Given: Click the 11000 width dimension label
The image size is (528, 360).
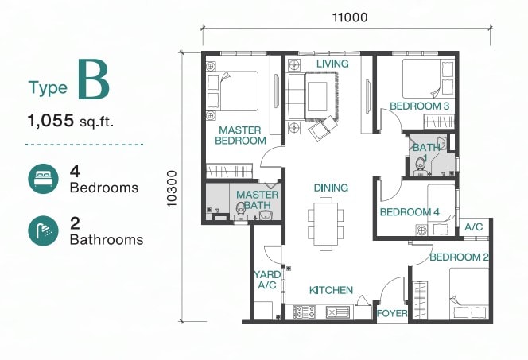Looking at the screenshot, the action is [350, 17].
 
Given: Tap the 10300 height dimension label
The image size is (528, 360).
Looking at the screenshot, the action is [172, 189].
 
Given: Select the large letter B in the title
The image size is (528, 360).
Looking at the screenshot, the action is [94, 79].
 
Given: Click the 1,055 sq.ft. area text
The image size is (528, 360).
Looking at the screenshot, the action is [71, 121].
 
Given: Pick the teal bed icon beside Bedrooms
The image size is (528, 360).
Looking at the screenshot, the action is [43, 179].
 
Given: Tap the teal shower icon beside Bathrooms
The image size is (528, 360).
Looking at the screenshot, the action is [43, 230].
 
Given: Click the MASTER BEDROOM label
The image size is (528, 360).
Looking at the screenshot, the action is [240, 135].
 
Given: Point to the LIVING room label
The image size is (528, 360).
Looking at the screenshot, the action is [332, 64].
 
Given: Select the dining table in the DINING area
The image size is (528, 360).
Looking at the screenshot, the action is [325, 224].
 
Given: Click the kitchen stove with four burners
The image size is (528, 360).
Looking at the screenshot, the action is [304, 312].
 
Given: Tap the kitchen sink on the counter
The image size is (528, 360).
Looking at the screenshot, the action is [338, 312].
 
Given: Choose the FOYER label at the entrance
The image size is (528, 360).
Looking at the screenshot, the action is [392, 314].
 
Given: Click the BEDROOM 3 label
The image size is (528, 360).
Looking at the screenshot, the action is [420, 106].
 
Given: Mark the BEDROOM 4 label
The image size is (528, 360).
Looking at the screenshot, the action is [410, 212].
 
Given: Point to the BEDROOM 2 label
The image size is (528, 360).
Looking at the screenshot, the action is [459, 257].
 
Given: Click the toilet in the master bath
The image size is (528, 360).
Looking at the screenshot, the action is [240, 211].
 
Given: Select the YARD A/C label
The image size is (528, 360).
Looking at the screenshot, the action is [267, 280].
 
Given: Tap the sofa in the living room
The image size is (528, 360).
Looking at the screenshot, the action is [295, 97].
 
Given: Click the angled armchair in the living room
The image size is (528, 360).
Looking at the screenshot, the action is [323, 128].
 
